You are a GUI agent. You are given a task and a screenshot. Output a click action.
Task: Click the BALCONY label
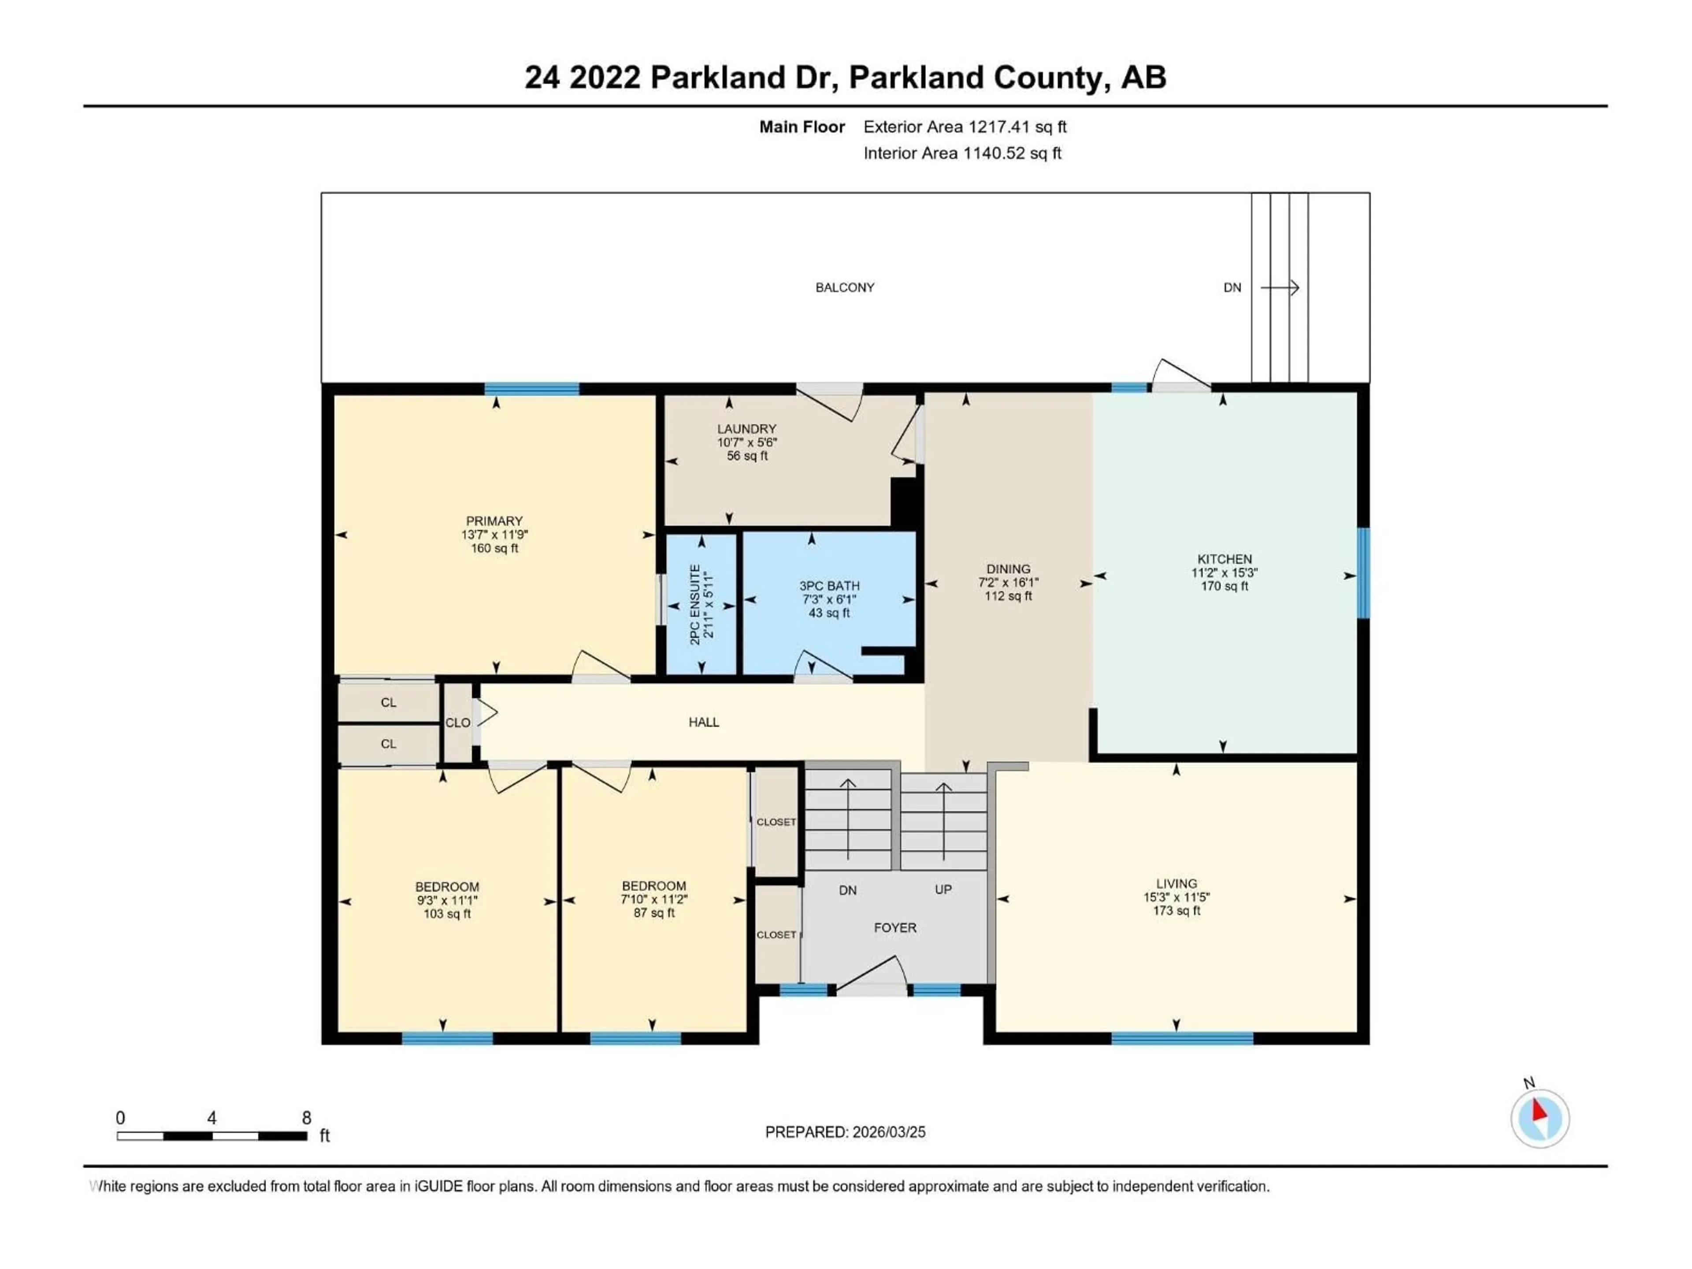(845, 288)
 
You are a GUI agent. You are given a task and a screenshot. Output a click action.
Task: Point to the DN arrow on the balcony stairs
(1280, 288)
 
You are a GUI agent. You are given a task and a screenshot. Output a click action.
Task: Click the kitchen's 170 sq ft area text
(1224, 586)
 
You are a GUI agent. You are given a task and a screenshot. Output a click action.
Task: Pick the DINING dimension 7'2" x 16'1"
(1008, 582)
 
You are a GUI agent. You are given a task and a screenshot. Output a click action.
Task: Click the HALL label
(704, 722)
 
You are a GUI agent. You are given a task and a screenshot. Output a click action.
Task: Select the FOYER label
(895, 928)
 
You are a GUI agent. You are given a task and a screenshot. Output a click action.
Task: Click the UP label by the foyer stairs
(943, 890)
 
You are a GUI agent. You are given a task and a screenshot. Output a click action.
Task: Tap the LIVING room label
(1176, 883)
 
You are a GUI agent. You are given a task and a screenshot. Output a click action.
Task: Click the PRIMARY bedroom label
(494, 521)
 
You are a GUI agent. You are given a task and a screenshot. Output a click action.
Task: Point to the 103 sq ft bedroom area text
(448, 914)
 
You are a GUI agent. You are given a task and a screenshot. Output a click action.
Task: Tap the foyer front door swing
(872, 975)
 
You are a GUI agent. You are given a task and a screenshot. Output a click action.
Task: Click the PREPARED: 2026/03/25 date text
(845, 1132)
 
